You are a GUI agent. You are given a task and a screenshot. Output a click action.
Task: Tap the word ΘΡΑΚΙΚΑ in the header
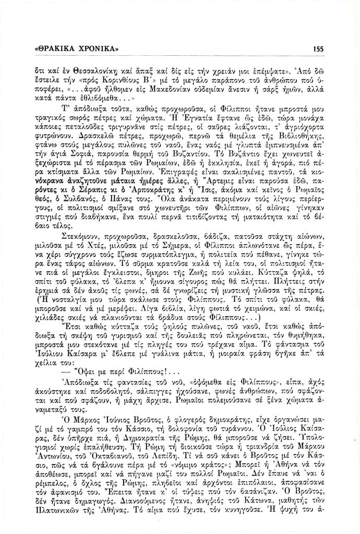click(57, 48)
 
